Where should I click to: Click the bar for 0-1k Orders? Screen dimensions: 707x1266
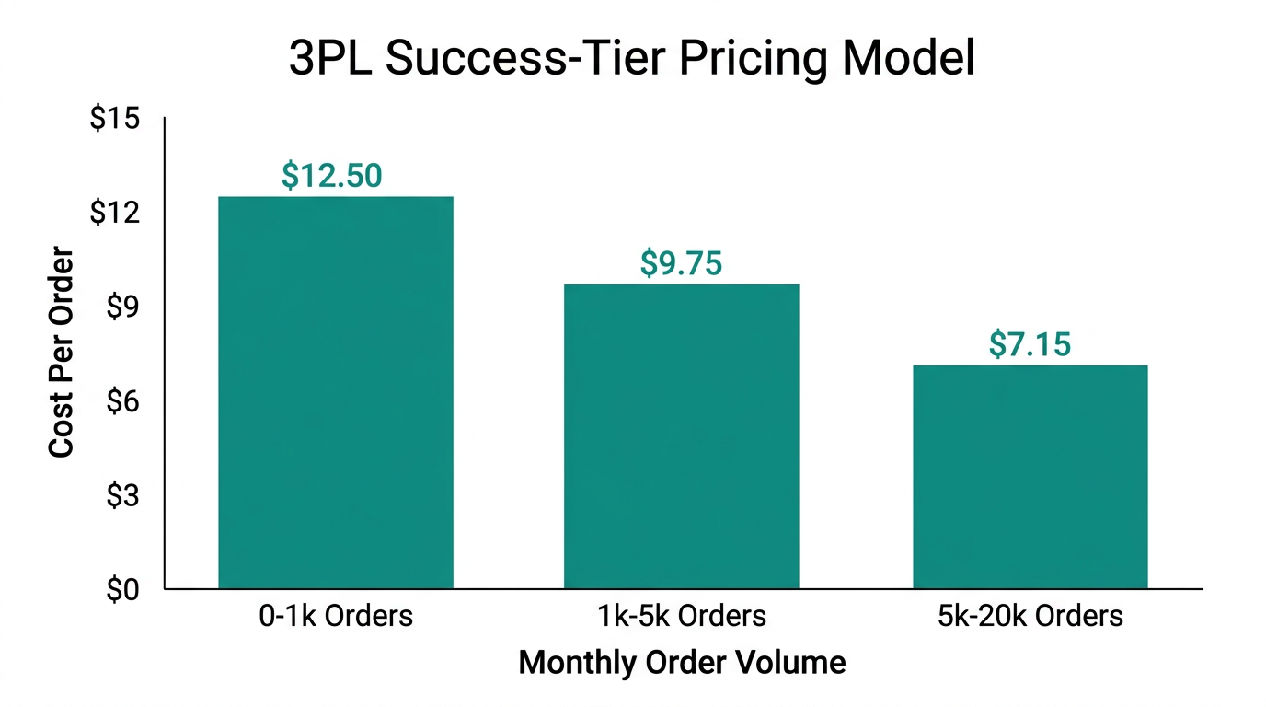click(x=336, y=392)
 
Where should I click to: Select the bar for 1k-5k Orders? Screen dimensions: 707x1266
click(x=681, y=436)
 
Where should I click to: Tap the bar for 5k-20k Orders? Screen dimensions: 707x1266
click(x=1030, y=477)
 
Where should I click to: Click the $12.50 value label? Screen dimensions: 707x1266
click(x=332, y=175)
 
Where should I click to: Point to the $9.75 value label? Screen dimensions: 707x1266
click(x=681, y=263)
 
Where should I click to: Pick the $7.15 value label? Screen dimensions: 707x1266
click(x=1030, y=344)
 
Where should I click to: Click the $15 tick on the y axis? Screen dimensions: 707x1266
click(x=114, y=119)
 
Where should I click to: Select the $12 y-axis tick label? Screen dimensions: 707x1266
click(x=114, y=213)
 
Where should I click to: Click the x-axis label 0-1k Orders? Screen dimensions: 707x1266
click(x=335, y=615)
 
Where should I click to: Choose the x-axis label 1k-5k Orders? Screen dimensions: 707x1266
click(x=681, y=615)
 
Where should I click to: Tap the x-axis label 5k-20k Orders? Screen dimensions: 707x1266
click(x=1030, y=615)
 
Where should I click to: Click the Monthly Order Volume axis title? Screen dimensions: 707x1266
click(x=682, y=663)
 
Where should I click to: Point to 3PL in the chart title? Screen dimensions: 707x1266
click(x=328, y=60)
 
